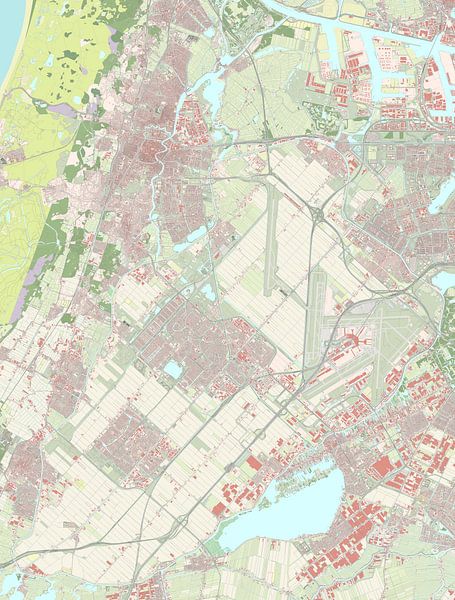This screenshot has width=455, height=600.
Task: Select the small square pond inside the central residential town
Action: point(173,369)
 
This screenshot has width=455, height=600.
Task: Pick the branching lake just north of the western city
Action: point(213,93)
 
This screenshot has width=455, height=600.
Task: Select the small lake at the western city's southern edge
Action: point(190,236)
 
